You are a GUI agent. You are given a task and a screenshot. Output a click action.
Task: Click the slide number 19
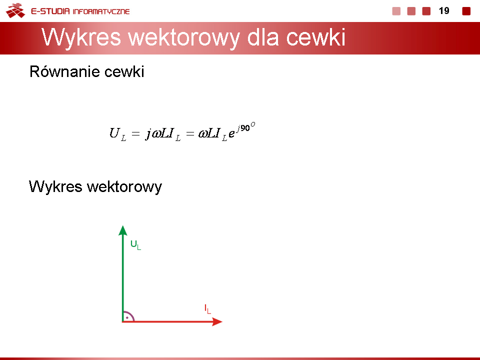click(444, 11)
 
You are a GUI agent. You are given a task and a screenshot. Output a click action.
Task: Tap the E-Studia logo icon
click(15, 10)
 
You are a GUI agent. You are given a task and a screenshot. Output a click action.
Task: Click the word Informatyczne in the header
click(101, 11)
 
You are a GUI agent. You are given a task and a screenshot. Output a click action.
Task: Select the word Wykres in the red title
click(81, 37)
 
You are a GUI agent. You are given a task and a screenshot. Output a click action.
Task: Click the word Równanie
click(65, 71)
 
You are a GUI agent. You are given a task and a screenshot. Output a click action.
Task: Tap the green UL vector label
click(135, 245)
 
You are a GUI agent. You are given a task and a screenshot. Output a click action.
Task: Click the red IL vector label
click(207, 309)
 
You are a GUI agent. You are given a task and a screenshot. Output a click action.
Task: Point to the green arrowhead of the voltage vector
click(123, 230)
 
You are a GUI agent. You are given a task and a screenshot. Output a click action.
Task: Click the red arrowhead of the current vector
click(217, 321)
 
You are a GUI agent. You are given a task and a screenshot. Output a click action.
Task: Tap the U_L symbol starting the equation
click(118, 134)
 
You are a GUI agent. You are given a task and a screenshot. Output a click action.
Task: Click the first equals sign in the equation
click(135, 134)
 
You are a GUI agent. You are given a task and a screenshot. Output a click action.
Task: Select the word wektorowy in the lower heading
click(124, 186)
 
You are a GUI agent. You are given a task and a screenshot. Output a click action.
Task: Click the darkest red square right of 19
click(466, 11)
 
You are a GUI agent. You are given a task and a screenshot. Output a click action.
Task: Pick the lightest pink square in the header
click(396, 11)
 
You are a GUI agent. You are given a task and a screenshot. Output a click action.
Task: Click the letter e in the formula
click(231, 134)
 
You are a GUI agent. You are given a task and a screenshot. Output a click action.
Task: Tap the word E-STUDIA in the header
click(50, 11)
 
